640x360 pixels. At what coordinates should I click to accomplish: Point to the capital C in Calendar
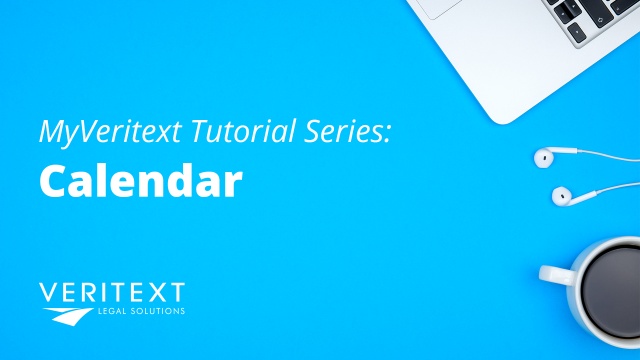pyautogui.click(x=54, y=182)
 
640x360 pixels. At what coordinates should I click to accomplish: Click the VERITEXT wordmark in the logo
pyautogui.click(x=111, y=294)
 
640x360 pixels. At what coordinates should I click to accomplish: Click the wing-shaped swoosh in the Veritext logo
pyautogui.click(x=61, y=316)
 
